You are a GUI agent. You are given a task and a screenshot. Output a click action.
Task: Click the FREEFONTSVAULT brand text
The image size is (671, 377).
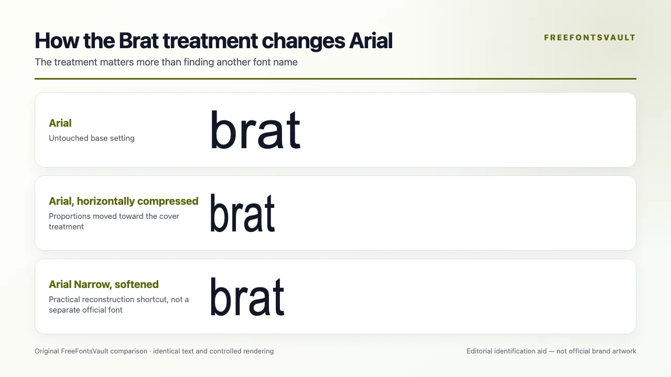coord(590,38)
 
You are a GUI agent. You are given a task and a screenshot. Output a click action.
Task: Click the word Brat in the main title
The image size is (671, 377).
coord(139,40)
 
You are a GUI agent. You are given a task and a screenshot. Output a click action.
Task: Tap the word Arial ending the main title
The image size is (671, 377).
coord(371,40)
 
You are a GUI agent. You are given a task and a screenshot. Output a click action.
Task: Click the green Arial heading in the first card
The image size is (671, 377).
coord(60,123)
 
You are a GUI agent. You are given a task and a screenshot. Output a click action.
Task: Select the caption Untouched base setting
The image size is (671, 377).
coord(92,138)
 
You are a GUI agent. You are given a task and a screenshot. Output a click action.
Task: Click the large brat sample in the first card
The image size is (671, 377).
coord(255,129)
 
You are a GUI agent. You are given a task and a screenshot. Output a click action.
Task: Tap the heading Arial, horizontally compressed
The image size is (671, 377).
coord(123,201)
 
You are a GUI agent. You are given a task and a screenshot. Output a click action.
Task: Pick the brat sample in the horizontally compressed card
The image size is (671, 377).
coord(242,213)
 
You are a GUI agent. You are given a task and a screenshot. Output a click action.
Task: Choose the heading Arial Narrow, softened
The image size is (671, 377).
coord(104,284)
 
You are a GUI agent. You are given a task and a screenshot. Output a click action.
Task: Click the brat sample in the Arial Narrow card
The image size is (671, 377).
coord(247,296)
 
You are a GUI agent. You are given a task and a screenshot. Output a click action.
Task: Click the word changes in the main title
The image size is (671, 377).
coord(304,41)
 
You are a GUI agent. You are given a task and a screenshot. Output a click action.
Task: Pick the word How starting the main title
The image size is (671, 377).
coord(57,40)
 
